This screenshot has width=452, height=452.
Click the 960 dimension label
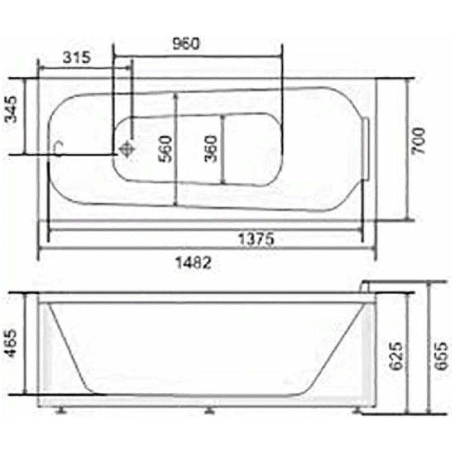pos(186,44)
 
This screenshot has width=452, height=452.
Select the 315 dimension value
pos(77,57)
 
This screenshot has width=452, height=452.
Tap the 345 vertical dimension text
pos(13,109)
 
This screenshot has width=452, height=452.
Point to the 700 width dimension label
pos(419,141)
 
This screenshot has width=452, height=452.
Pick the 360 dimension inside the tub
pos(211,149)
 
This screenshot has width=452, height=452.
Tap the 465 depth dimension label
pos(13,344)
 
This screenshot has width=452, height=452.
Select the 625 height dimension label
pos(395,356)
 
